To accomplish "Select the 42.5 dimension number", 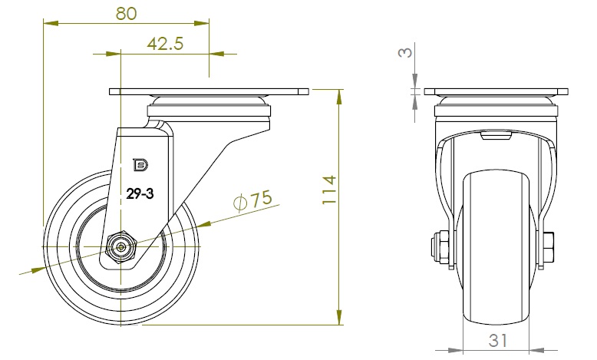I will [164, 44].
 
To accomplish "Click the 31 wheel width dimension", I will [499, 338].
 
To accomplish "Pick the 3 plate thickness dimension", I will [407, 52].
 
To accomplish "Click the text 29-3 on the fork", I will [140, 195].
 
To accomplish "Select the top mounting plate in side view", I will [209, 91].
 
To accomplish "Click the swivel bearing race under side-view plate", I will [209, 101].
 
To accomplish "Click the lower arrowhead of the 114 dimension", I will [338, 319].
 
